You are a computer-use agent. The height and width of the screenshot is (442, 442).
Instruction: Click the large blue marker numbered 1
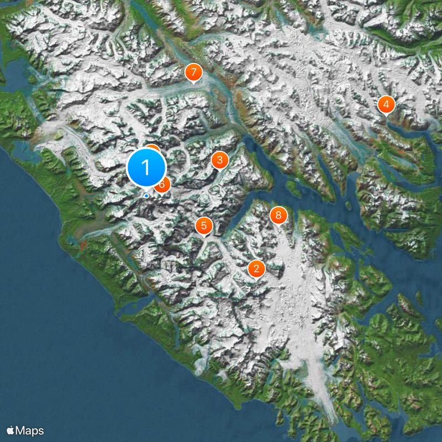pyautogui.click(x=146, y=167)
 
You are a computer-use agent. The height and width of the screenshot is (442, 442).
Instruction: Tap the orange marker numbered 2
pyautogui.click(x=256, y=269)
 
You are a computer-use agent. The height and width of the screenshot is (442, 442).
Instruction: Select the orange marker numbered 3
pyautogui.click(x=220, y=160)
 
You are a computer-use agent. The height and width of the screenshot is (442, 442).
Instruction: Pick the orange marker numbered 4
pyautogui.click(x=386, y=104)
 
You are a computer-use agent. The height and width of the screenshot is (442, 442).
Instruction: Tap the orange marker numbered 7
pyautogui.click(x=193, y=72)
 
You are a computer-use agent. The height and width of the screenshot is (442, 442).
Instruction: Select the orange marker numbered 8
pyautogui.click(x=278, y=215)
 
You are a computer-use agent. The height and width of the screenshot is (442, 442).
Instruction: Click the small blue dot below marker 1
pyautogui.click(x=146, y=195)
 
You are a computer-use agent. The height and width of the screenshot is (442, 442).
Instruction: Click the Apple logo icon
pyautogui.click(x=10, y=430)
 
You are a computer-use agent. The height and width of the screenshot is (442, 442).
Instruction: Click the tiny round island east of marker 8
pyautogui.click(x=348, y=205)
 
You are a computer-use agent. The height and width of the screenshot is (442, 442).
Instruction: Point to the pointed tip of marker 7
pyautogui.click(x=193, y=83)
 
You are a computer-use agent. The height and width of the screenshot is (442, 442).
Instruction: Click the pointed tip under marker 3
pyautogui.click(x=220, y=171)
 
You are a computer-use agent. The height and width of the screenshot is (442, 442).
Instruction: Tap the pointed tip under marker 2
pyautogui.click(x=256, y=280)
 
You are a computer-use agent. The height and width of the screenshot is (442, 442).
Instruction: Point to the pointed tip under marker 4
pyautogui.click(x=386, y=115)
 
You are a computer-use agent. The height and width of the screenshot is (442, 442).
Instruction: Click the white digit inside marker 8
pyautogui.click(x=278, y=215)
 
